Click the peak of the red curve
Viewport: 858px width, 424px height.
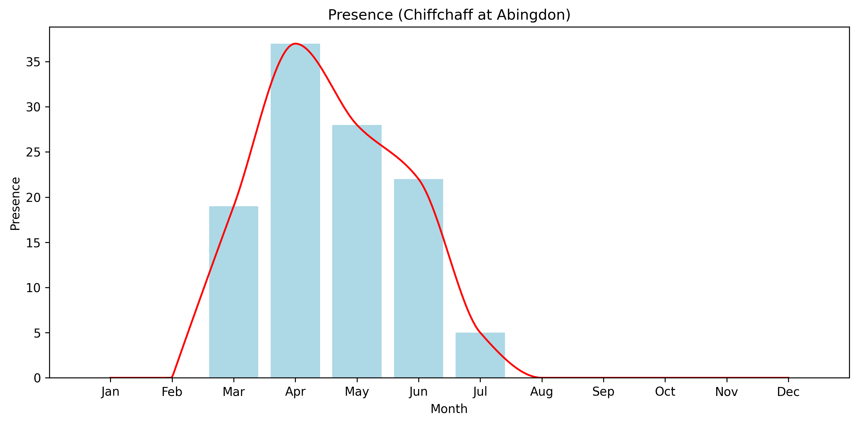tap(295, 44)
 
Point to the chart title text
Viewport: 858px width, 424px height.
tap(449, 15)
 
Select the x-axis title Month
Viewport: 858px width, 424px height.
tap(449, 409)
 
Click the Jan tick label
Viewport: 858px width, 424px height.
tap(110, 392)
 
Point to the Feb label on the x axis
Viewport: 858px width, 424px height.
tap(172, 392)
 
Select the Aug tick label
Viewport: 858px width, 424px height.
tap(542, 392)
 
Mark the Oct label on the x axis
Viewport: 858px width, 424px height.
tap(665, 392)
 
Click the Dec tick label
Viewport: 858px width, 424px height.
tap(788, 392)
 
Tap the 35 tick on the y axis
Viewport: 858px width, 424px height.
tap(33, 62)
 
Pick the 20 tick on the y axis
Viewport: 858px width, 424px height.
tap(33, 198)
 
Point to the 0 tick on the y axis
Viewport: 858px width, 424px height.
tap(37, 378)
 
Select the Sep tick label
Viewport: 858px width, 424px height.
tap(603, 392)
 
